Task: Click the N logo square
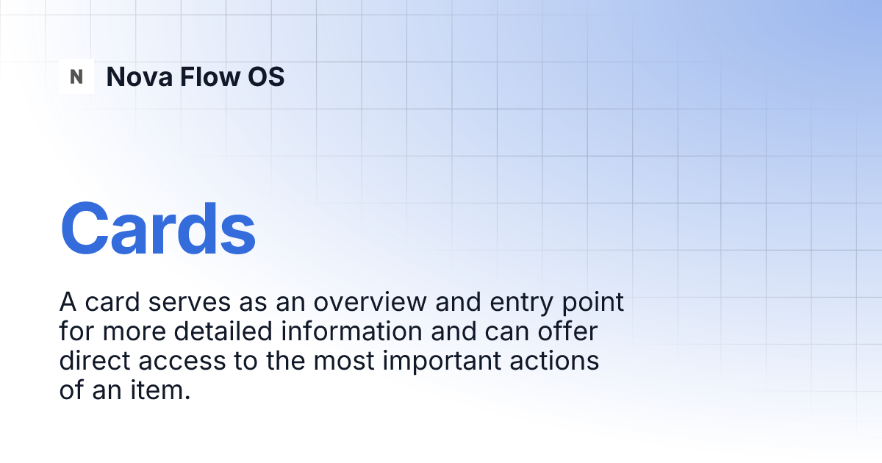[x=76, y=76]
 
